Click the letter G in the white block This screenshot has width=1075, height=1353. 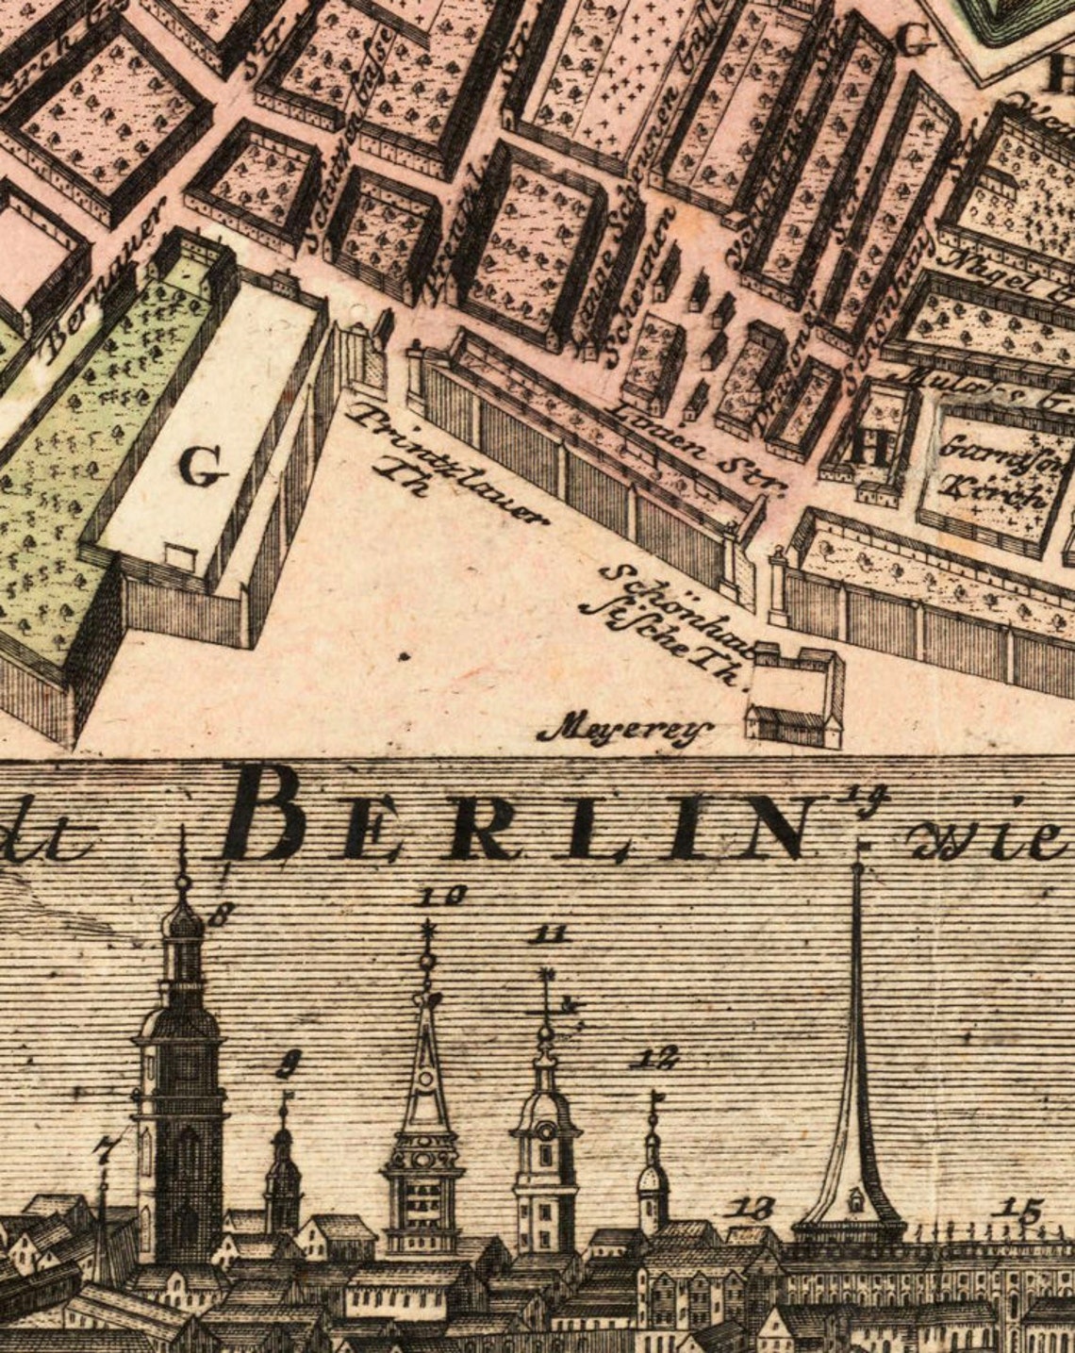click(203, 467)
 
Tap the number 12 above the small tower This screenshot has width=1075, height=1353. click(656, 1058)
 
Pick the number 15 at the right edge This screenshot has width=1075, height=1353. click(1021, 1209)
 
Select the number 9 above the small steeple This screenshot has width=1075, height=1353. click(286, 1067)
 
